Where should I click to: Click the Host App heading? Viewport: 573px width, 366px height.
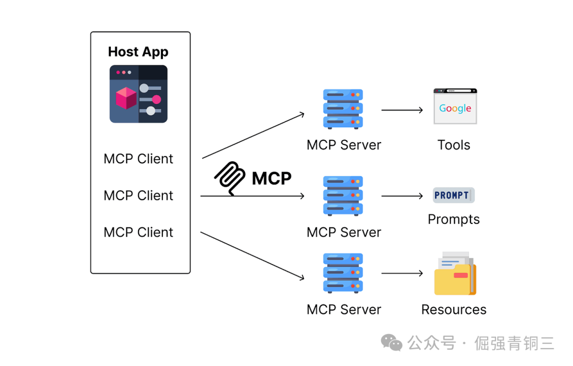click(138, 51)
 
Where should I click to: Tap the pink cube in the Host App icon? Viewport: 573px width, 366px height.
click(126, 98)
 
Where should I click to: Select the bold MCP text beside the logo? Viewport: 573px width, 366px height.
click(271, 178)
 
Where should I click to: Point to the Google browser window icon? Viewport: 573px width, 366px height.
click(455, 106)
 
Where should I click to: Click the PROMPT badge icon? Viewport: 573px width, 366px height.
click(453, 195)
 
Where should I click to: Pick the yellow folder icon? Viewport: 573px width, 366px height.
click(455, 274)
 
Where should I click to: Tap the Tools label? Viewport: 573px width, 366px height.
click(454, 145)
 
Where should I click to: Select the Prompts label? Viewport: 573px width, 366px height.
click(454, 219)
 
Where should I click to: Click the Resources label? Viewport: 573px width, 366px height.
click(454, 309)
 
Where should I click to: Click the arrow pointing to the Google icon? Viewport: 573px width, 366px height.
click(402, 110)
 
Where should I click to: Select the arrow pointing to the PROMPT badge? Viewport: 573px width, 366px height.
click(402, 196)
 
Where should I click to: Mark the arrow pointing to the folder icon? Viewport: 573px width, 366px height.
click(402, 274)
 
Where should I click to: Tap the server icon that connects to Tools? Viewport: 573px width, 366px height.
click(343, 109)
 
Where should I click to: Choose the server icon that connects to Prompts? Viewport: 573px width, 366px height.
click(343, 196)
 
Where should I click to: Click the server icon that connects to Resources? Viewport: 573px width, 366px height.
click(343, 273)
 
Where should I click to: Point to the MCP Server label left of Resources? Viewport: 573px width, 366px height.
click(344, 309)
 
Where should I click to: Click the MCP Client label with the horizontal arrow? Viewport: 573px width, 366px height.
click(138, 195)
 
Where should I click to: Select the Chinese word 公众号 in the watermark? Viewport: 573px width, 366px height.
click(432, 343)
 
